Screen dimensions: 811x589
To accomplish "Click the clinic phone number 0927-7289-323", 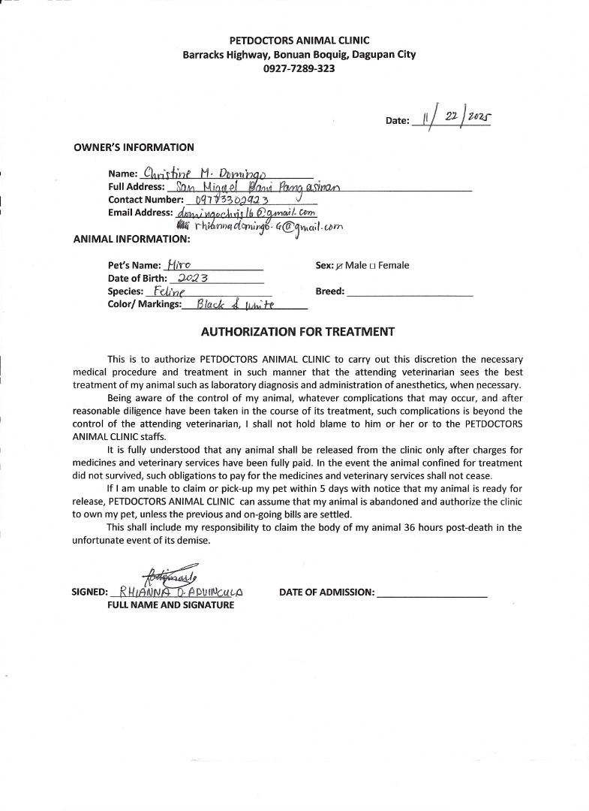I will click(299, 68).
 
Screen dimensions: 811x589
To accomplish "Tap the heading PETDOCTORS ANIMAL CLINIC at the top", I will click(299, 41).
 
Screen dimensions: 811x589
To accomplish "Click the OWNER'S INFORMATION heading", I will click(134, 147).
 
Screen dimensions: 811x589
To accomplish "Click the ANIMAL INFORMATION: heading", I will click(132, 240).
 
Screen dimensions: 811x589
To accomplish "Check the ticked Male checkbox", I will click(340, 266).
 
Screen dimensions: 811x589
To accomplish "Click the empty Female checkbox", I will click(373, 266).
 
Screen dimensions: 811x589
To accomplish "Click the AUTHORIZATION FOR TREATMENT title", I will click(297, 331).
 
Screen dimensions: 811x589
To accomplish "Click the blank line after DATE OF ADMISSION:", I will click(432, 592).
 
